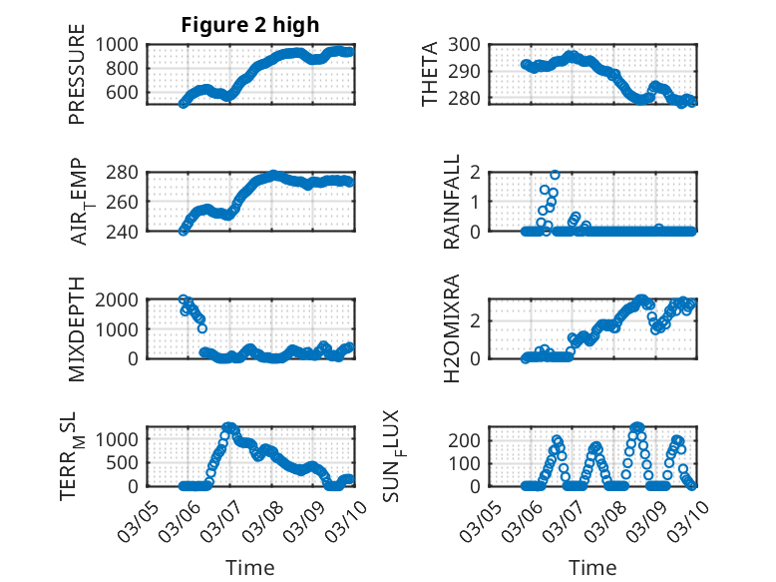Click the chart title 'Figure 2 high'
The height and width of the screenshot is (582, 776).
(x=249, y=25)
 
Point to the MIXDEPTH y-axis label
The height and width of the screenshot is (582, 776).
(x=77, y=328)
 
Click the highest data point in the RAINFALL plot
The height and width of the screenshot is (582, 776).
(x=555, y=175)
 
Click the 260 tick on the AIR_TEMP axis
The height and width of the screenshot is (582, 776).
(x=128, y=202)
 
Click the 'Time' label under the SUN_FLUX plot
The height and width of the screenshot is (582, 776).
(x=592, y=568)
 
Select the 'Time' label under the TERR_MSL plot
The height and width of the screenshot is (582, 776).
(x=249, y=568)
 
